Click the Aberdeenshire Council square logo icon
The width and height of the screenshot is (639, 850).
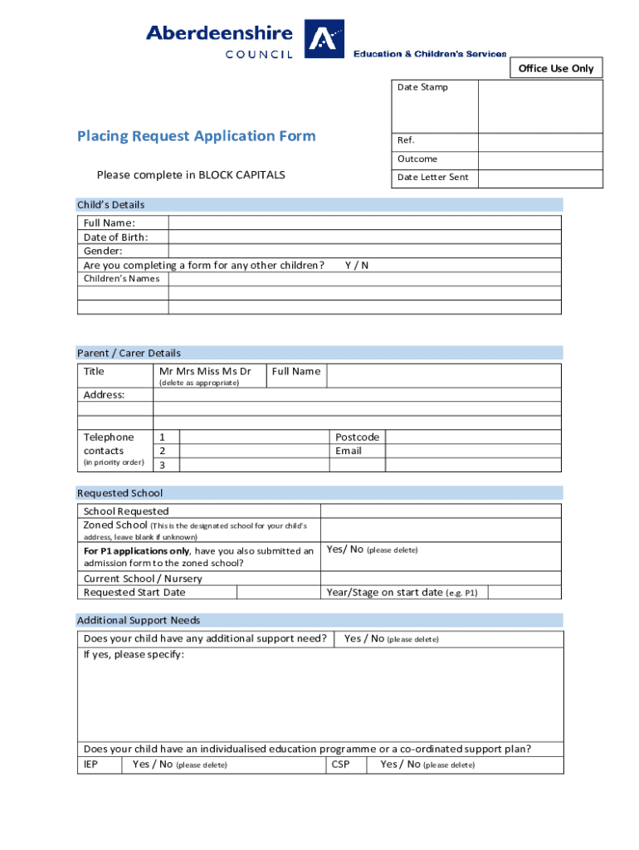pos(324,40)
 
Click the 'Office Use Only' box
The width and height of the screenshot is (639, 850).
pos(556,68)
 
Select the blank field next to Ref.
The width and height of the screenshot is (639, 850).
pos(540,141)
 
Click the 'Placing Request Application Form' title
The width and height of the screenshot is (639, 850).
pos(197,136)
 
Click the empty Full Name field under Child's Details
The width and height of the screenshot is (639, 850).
pos(364,222)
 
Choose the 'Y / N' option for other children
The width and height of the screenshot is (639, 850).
pos(357,265)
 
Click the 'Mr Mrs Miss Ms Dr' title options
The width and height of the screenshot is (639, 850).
pos(205,371)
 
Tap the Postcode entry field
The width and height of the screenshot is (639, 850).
pos(474,437)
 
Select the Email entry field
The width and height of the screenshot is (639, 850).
pos(474,451)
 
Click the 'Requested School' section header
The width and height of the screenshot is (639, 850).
pos(120,493)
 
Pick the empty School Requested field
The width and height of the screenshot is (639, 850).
pos(441,511)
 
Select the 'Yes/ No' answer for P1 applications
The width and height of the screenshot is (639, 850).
pos(345,550)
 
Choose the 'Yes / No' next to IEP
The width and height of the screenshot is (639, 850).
pos(153,765)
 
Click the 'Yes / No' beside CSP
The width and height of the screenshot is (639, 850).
pos(400,765)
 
